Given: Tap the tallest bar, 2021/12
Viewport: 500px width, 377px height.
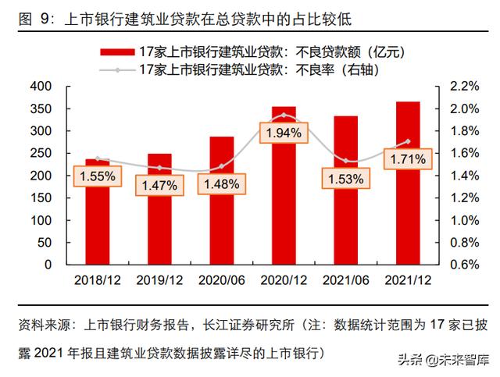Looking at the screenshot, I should (x=407, y=203).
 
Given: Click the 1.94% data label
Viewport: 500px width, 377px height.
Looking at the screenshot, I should (x=284, y=133).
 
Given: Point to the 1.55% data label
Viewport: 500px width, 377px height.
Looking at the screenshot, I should (x=97, y=177).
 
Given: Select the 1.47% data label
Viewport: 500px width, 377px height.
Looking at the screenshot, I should (x=159, y=186).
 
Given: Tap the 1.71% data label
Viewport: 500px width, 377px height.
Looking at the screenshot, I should (x=407, y=160).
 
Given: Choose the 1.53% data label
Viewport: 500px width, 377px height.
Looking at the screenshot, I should (x=345, y=180).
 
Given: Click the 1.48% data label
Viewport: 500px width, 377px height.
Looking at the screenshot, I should (x=221, y=184).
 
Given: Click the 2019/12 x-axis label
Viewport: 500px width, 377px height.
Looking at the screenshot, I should (x=159, y=279).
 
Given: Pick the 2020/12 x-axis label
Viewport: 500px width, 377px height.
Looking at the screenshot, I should (x=284, y=279).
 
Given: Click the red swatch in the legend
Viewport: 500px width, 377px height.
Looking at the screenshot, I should (x=117, y=52).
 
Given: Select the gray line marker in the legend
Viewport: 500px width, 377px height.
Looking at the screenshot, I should (x=117, y=70).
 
